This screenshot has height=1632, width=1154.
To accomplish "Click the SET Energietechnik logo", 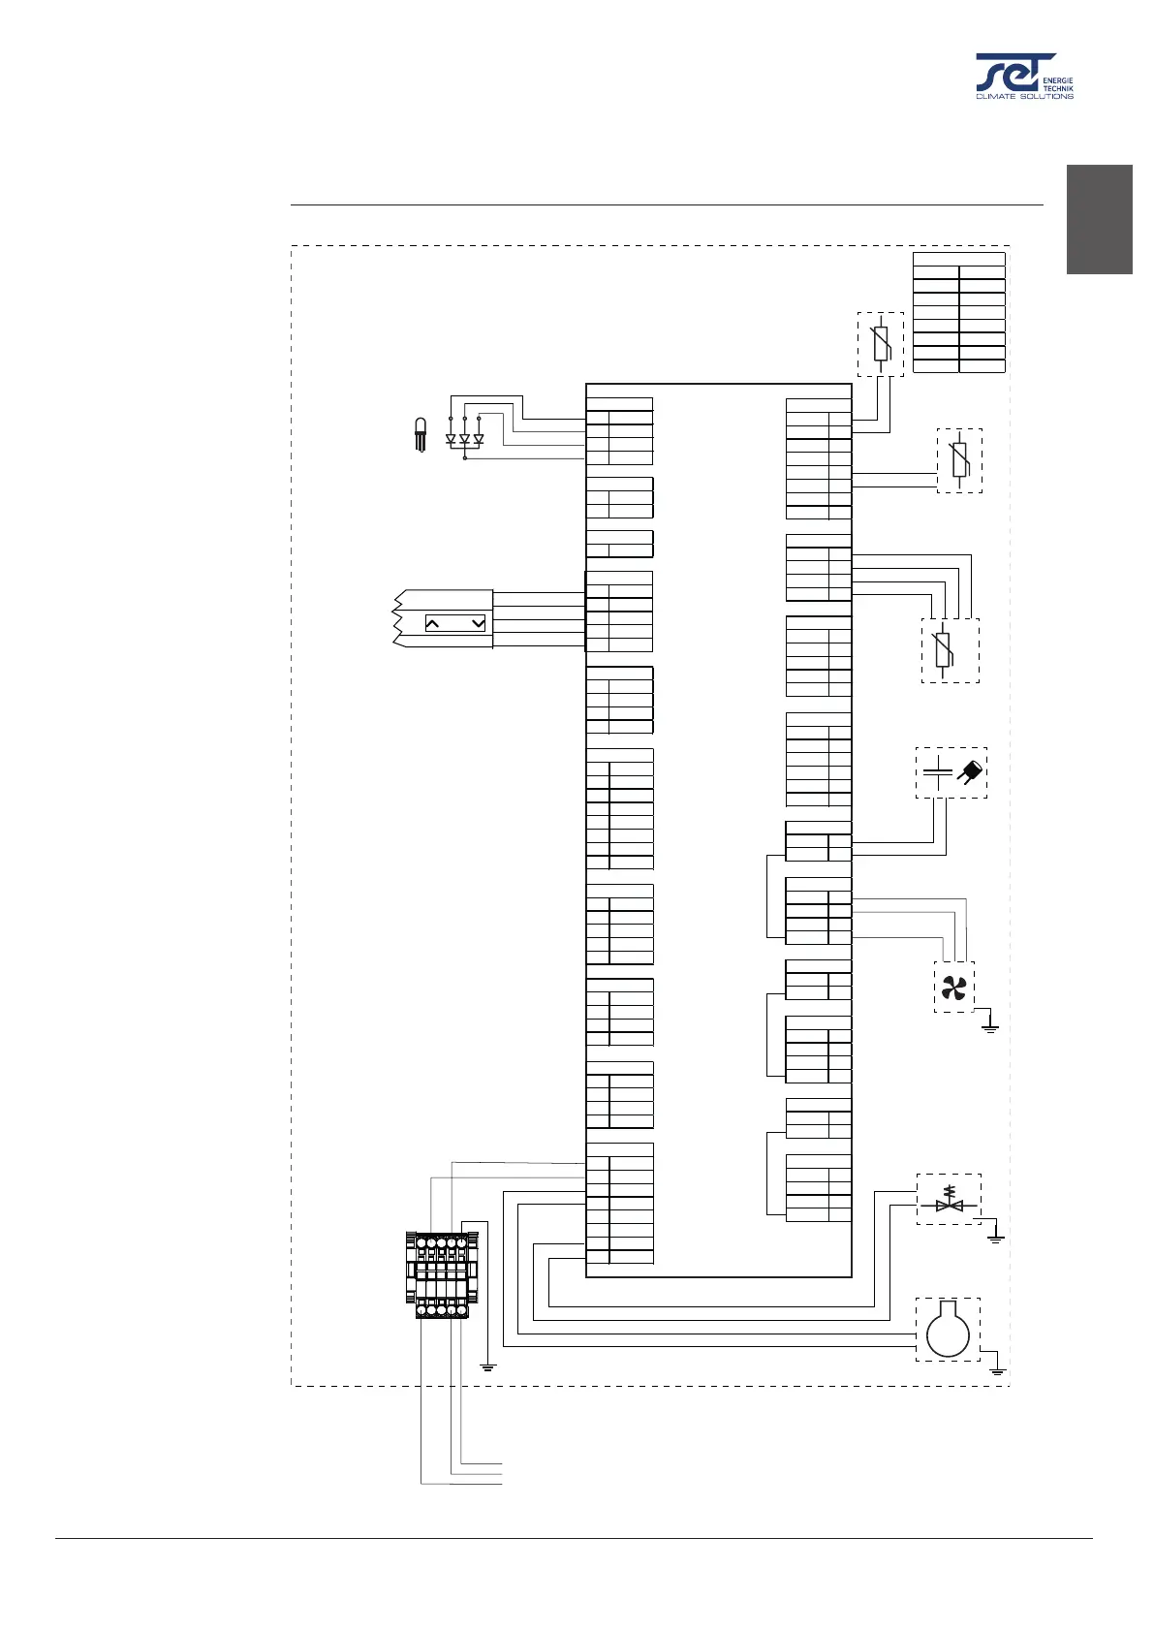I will [x=1023, y=76].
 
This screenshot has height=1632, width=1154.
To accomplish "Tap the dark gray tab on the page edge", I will [x=1100, y=220].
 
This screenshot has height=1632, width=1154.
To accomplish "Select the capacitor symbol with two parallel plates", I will [x=937, y=772].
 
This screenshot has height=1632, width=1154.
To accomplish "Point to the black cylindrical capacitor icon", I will [x=971, y=771].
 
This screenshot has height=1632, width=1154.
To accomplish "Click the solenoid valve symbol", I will [x=949, y=1200].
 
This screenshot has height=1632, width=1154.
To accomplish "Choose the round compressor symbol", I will [x=948, y=1329].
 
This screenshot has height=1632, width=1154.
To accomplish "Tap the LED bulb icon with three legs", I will [x=421, y=434].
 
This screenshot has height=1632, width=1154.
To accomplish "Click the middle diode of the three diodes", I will [x=464, y=439].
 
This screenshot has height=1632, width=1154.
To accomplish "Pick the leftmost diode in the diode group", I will [x=451, y=439].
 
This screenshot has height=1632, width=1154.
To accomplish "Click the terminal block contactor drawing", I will [x=441, y=1274].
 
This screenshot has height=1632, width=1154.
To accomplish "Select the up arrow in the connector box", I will [x=433, y=624].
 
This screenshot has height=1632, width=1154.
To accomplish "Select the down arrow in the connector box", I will [x=478, y=624].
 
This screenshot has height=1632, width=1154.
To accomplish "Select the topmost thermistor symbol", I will [x=881, y=344].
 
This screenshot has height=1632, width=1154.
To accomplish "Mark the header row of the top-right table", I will [x=959, y=259].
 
